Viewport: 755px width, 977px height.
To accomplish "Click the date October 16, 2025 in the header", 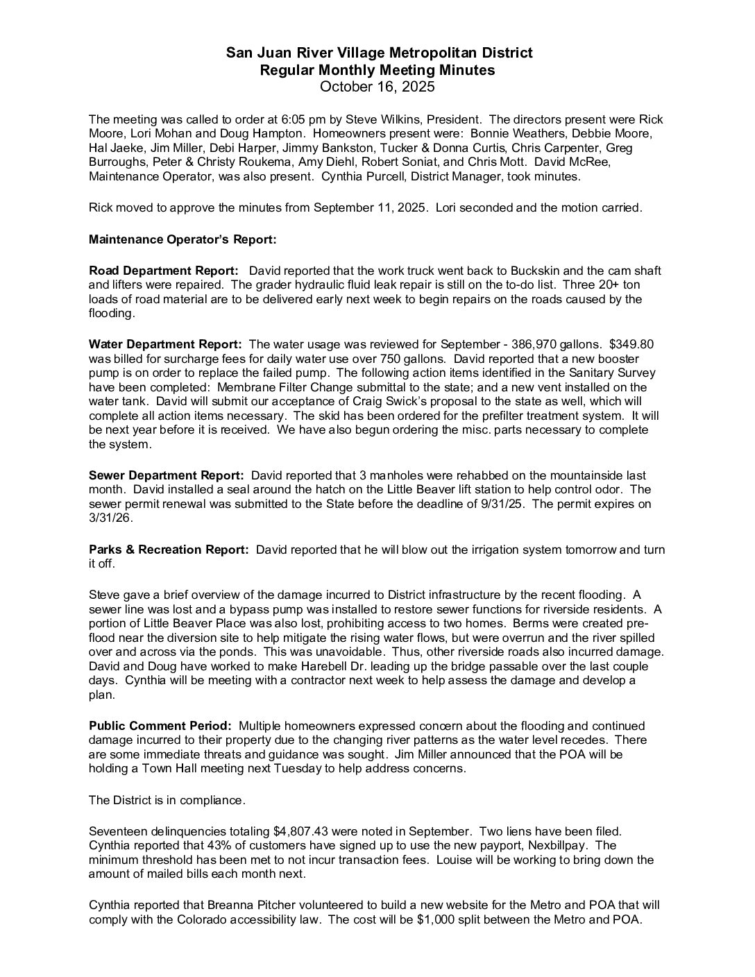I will (x=377, y=87).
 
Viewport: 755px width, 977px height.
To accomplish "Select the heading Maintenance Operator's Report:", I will (x=183, y=239).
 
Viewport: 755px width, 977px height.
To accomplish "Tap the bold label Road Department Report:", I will (x=164, y=271).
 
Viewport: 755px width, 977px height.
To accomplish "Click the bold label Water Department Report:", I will (x=165, y=344).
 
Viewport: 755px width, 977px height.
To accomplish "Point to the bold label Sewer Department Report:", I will (x=167, y=475).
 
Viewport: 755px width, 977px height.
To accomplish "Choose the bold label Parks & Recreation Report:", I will (x=169, y=550).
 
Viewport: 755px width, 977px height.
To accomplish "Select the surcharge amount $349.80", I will (x=631, y=344).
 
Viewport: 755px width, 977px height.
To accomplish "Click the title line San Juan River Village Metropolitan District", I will (x=380, y=53).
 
